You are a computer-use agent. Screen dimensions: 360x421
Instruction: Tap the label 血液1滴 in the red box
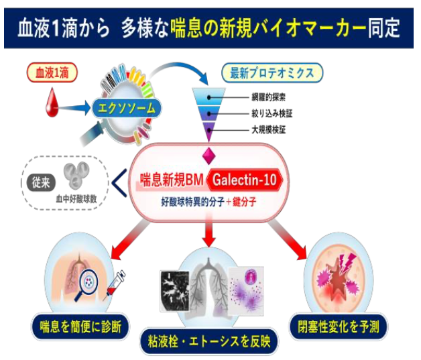[x=51, y=71]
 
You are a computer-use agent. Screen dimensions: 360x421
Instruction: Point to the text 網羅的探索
[x=268, y=97]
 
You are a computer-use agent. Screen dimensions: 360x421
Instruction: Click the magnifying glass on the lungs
[x=91, y=281]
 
